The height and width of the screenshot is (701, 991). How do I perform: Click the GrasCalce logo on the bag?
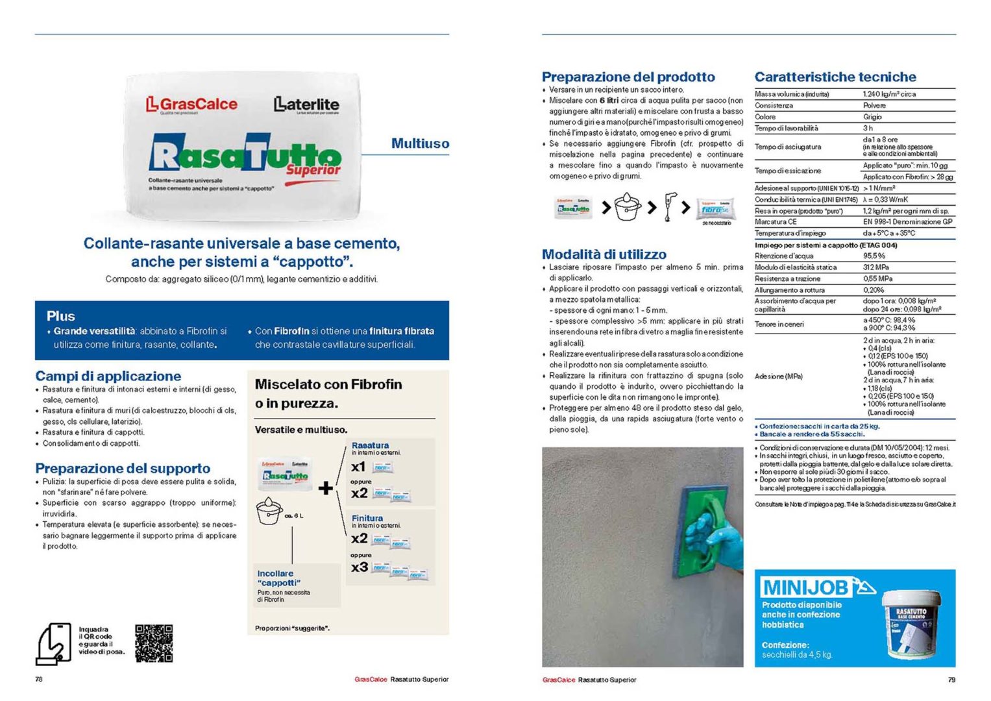click(x=191, y=104)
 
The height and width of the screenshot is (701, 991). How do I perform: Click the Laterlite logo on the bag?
click(x=306, y=104)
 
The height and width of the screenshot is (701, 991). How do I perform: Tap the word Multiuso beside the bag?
click(x=420, y=143)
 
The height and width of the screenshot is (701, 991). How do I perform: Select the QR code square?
click(x=154, y=643)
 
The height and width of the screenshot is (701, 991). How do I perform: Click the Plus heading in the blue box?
click(x=61, y=316)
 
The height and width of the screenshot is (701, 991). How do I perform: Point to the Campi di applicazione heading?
click(x=108, y=376)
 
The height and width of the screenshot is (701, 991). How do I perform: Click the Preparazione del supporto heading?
click(x=123, y=468)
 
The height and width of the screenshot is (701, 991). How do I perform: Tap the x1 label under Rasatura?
click(x=358, y=467)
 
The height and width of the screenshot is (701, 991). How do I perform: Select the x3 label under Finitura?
click(x=360, y=567)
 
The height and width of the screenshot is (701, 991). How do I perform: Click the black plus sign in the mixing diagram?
click(x=326, y=487)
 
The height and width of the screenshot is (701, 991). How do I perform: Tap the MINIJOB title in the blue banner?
click(x=805, y=587)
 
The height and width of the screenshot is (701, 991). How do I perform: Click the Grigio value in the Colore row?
click(x=872, y=117)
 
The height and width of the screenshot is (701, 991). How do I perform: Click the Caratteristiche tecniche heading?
click(x=835, y=77)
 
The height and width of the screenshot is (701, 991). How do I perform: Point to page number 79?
click(x=951, y=680)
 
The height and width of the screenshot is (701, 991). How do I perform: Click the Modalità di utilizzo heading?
click(x=604, y=254)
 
